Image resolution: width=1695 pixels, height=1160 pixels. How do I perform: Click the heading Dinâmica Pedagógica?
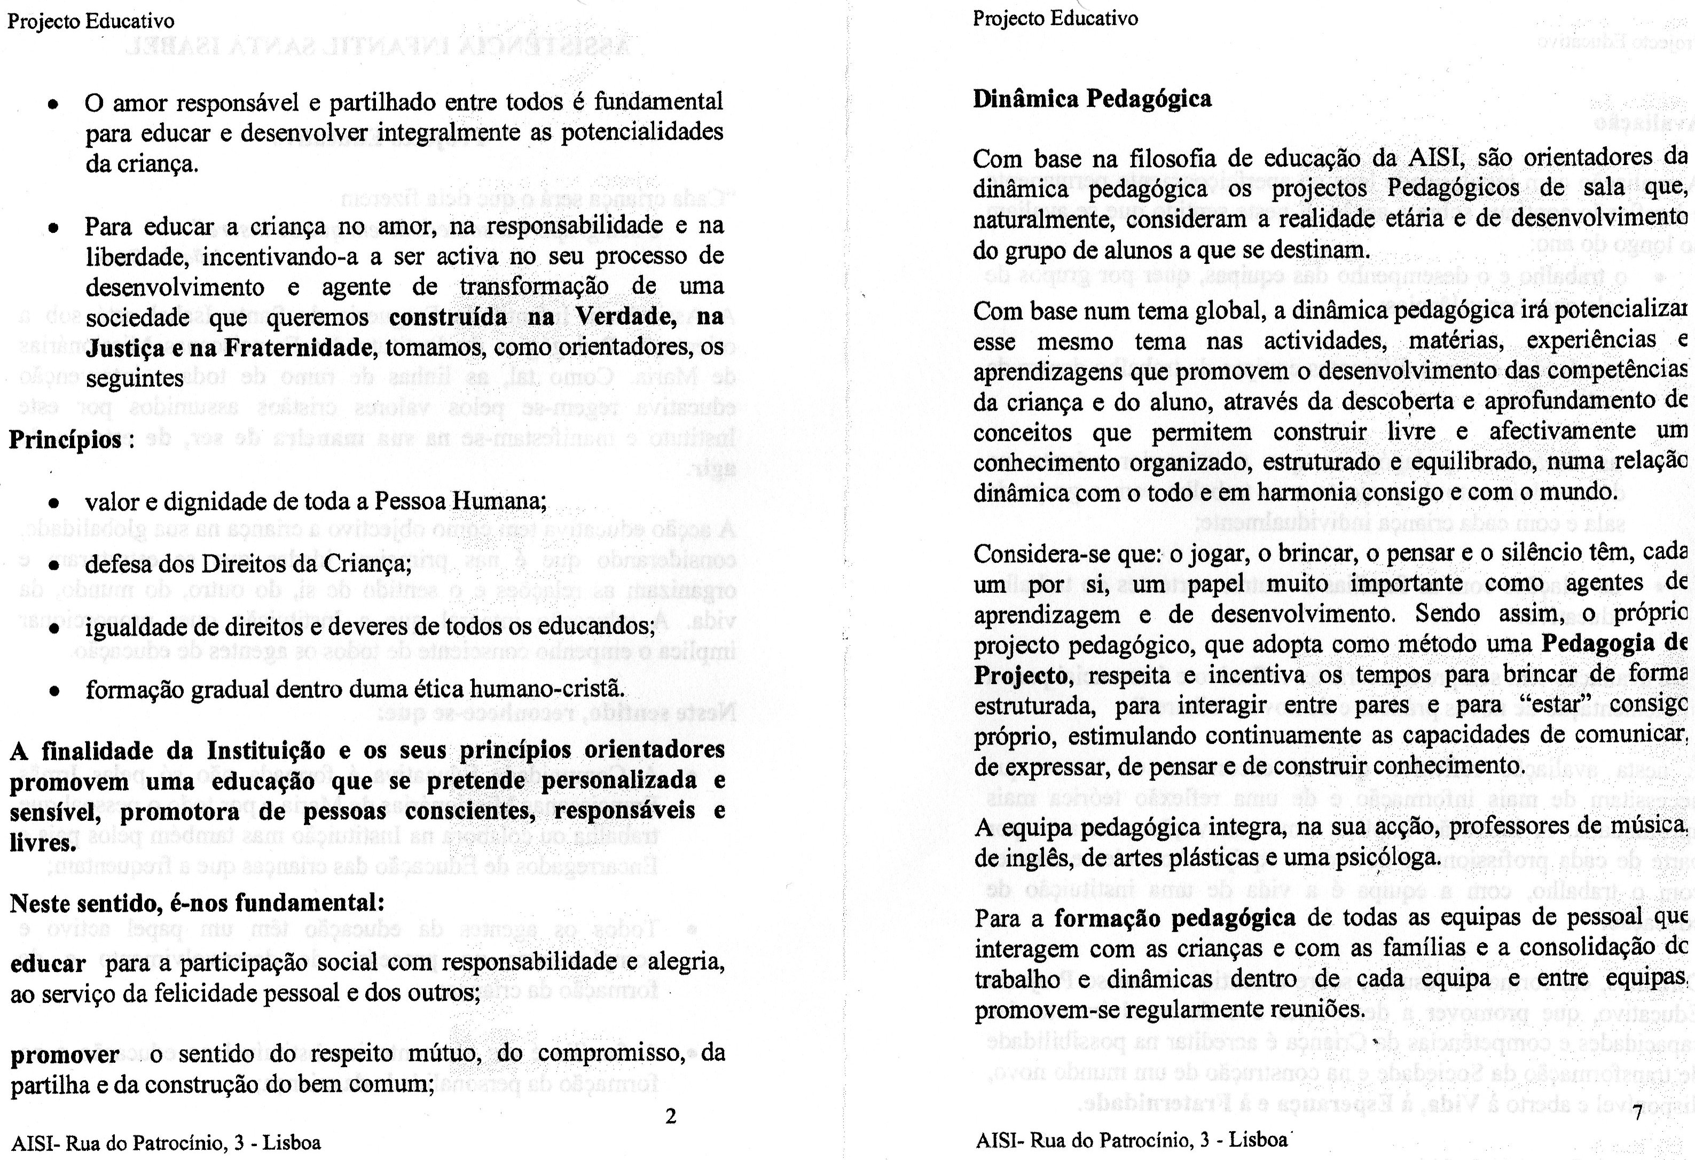[x=1092, y=98]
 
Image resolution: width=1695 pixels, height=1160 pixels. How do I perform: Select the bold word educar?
[x=48, y=964]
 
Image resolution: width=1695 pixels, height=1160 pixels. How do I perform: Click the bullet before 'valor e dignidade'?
[x=53, y=504]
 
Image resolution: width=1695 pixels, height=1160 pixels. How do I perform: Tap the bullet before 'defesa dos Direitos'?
[x=53, y=566]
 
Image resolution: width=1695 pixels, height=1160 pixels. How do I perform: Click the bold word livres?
[x=42, y=843]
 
